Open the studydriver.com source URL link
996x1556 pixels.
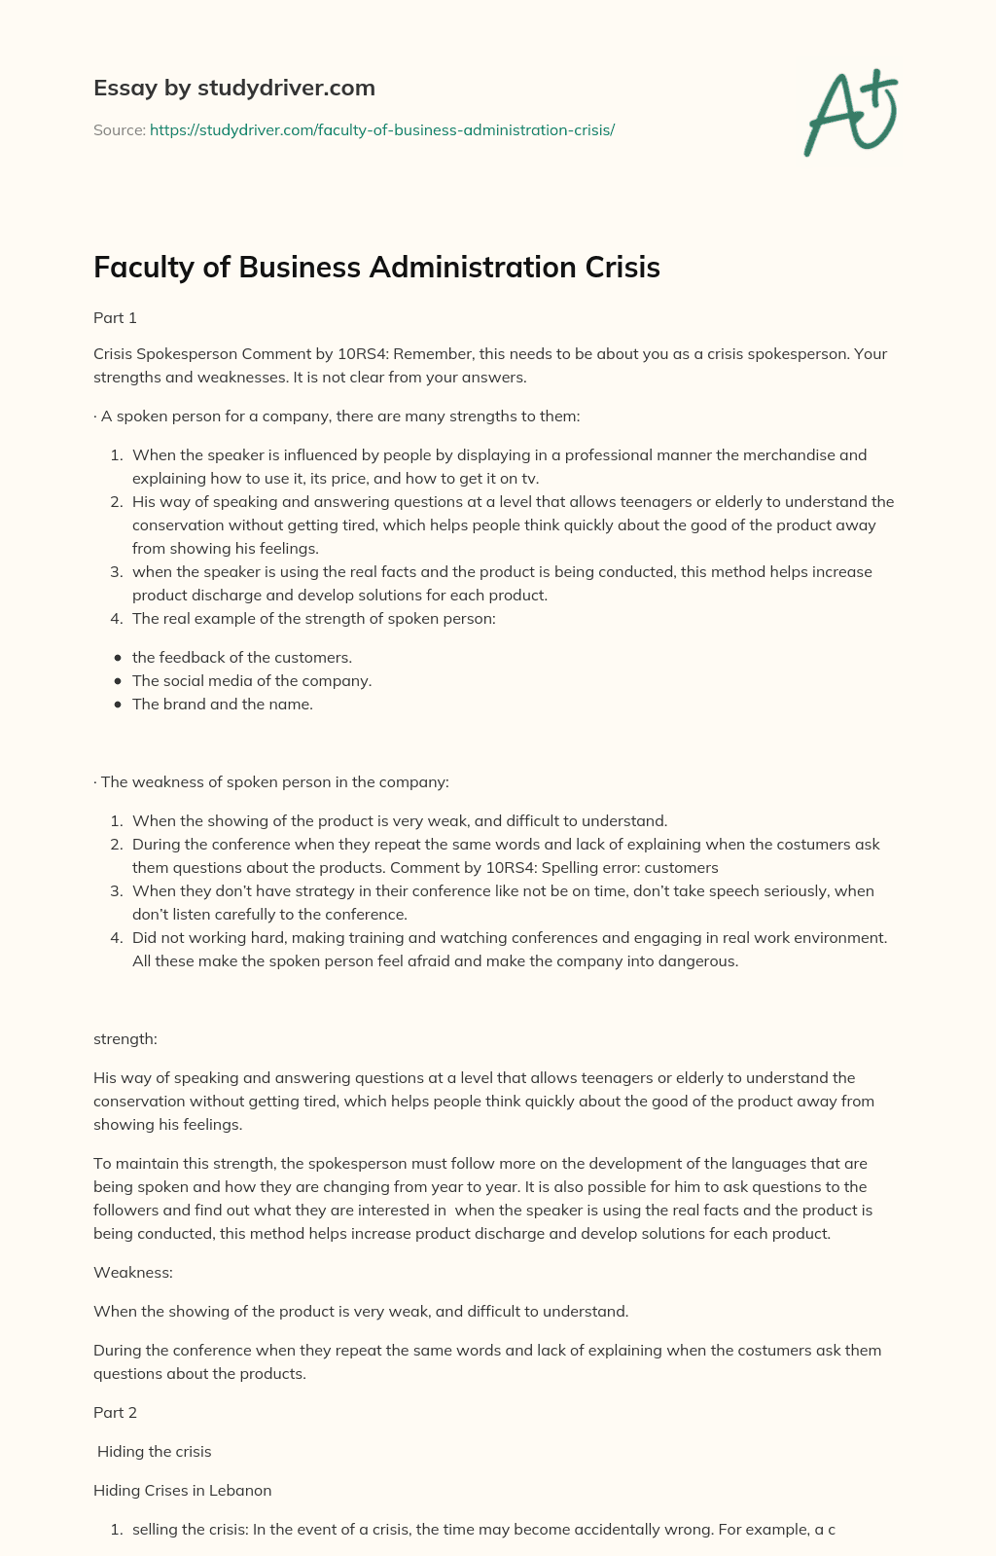tap(382, 129)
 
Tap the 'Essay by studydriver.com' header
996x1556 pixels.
tap(233, 88)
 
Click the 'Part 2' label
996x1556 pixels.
tap(115, 1412)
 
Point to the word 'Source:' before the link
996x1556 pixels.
tap(119, 129)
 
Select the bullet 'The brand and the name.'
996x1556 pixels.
tap(223, 705)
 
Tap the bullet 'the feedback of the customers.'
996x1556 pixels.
tap(242, 658)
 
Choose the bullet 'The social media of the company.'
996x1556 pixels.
tap(252, 681)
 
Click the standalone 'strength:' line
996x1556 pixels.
tap(124, 1038)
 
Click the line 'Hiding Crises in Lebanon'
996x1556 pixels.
tap(182, 1490)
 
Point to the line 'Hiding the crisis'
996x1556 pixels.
tap(154, 1451)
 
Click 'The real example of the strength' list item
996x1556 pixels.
tap(313, 619)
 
